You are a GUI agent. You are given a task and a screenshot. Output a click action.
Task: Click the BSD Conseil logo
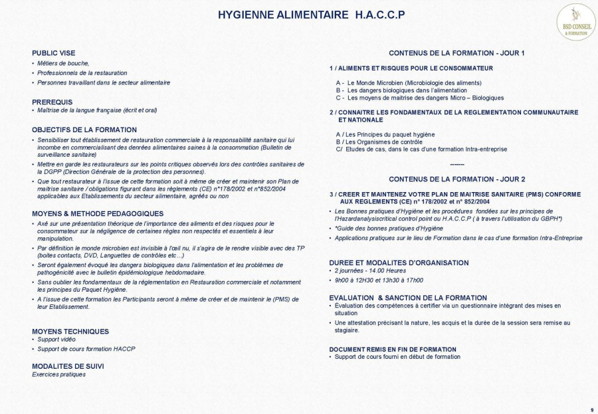click(575, 21)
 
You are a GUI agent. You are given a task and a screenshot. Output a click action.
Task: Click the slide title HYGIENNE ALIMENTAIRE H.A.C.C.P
click(312, 14)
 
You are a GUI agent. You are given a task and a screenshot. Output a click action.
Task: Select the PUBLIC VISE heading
click(54, 53)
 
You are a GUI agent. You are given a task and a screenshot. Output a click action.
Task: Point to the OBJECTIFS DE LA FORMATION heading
click(84, 130)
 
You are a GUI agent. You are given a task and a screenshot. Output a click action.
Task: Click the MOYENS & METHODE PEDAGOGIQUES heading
click(98, 213)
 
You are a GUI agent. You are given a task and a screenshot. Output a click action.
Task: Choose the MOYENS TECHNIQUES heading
click(70, 331)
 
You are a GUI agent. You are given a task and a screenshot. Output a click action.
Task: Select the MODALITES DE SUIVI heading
click(68, 366)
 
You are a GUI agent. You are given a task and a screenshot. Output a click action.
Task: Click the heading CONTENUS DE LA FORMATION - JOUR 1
click(456, 53)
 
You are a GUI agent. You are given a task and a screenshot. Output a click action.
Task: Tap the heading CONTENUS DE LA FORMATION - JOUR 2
click(456, 179)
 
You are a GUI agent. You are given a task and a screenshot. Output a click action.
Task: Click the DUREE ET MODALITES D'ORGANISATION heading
click(399, 262)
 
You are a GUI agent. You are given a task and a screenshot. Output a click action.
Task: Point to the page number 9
click(591, 409)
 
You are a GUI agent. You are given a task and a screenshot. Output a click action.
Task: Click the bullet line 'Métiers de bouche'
click(63, 63)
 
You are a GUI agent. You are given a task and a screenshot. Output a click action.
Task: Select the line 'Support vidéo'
click(56, 340)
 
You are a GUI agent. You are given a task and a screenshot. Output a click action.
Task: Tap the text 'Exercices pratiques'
click(58, 374)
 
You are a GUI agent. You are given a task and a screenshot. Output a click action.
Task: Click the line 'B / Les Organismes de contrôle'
click(379, 142)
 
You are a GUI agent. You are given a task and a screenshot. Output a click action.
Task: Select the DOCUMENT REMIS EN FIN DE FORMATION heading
click(393, 349)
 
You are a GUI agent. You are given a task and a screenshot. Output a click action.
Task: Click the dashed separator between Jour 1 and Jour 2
click(456, 164)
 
